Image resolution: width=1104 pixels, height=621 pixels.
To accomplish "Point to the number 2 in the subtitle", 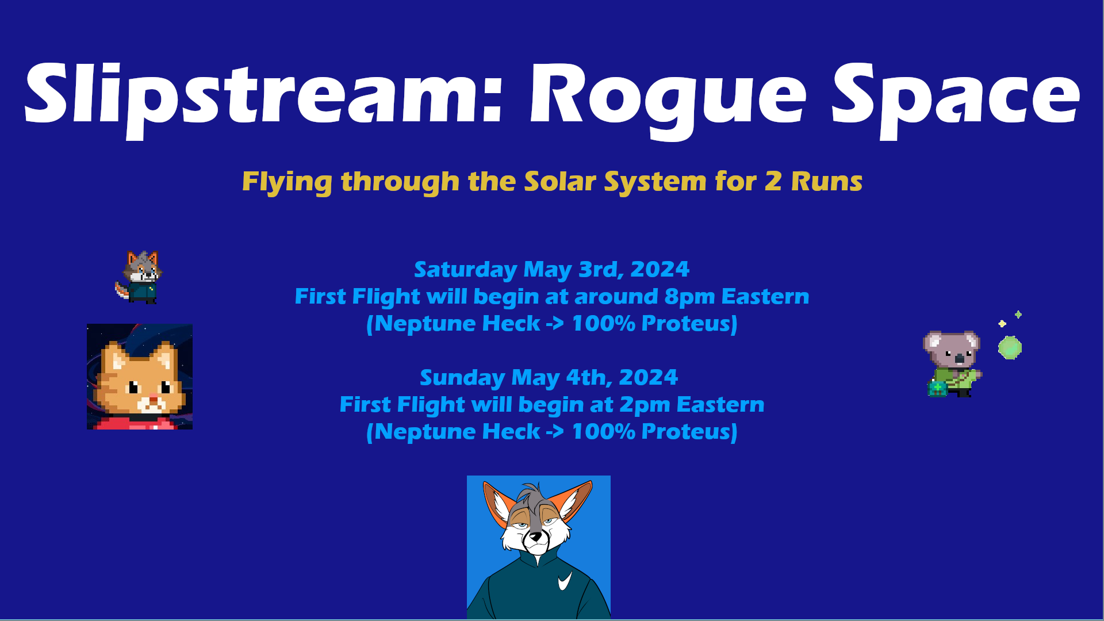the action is click(x=773, y=182).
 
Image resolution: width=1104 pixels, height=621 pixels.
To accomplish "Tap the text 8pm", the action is click(x=689, y=297).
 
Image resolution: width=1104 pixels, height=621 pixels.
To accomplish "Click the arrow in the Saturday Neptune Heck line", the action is click(x=555, y=324).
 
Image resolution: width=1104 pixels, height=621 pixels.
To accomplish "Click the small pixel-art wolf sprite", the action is click(x=139, y=277).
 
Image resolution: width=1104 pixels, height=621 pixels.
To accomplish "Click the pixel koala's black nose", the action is click(x=959, y=359).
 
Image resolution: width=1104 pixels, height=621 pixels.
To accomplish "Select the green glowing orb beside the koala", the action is click(x=1010, y=348).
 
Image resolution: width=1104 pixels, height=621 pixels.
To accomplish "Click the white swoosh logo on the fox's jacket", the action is click(x=565, y=581).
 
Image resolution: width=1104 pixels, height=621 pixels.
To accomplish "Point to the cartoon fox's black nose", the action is click(x=536, y=537).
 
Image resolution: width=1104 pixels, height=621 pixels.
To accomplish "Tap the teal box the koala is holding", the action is click(x=937, y=389).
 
